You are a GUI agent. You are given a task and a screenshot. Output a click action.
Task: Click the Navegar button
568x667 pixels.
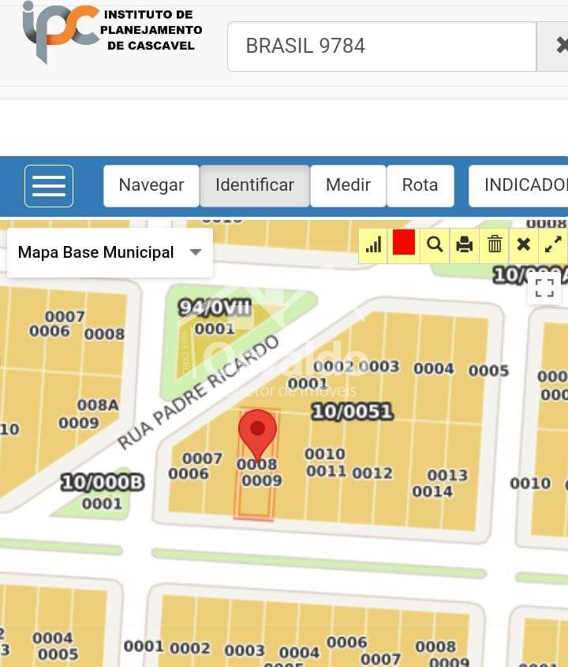click(151, 185)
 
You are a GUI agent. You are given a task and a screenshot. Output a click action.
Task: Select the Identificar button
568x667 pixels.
click(254, 185)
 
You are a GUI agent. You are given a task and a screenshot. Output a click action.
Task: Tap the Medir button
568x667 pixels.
click(348, 185)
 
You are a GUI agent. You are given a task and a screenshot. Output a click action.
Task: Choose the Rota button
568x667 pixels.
click(420, 185)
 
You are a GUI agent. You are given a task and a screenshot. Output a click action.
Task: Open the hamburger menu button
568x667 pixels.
click(49, 186)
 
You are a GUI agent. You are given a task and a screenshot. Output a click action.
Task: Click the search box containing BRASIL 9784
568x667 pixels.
click(382, 47)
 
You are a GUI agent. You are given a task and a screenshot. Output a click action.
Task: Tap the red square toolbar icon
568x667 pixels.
click(404, 244)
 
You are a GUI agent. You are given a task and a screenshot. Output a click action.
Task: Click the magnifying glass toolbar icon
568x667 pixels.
click(435, 244)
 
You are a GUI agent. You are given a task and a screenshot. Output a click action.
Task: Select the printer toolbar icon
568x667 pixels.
click(465, 244)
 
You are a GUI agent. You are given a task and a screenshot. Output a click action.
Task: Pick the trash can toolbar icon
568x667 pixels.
click(495, 244)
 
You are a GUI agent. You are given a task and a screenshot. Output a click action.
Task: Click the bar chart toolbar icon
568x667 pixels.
click(374, 244)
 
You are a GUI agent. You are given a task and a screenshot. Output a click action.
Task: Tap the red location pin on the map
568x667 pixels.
click(257, 431)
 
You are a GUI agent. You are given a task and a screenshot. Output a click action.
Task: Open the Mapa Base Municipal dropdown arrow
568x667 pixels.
click(196, 252)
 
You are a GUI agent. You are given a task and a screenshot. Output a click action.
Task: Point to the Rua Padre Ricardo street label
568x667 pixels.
click(199, 392)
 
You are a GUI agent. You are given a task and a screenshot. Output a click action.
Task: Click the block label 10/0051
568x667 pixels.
click(352, 411)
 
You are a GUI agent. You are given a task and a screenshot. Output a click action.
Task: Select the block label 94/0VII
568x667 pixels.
click(215, 307)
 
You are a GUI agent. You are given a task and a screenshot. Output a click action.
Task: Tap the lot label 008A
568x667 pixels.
click(98, 405)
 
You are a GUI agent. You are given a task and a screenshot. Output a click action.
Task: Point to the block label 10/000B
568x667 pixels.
click(102, 483)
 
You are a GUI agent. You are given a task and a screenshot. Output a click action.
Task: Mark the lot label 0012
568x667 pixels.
click(372, 473)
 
